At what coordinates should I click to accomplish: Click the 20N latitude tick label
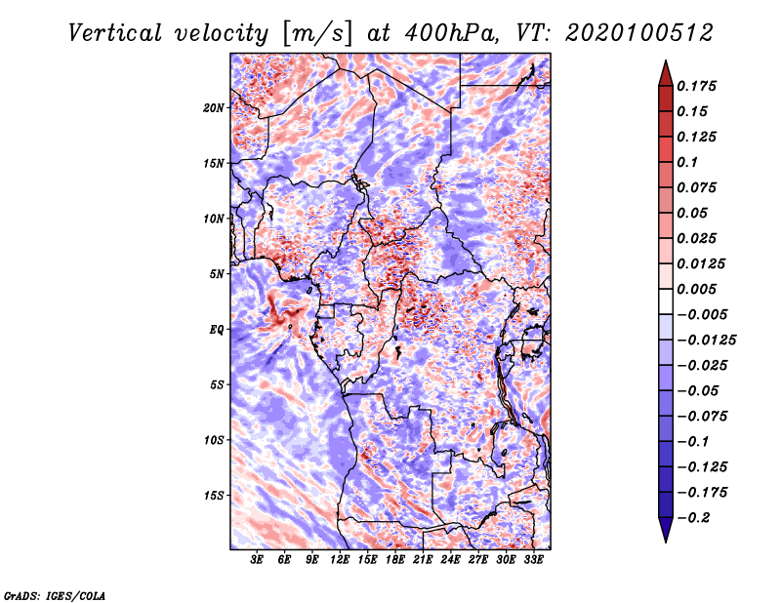[x=213, y=108]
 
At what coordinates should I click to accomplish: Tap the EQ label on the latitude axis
[x=216, y=330]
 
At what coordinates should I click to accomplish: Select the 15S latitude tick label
[x=214, y=496]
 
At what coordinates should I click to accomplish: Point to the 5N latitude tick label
[x=217, y=274]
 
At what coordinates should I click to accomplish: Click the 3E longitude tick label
[x=257, y=560]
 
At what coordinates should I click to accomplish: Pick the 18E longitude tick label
[x=395, y=560]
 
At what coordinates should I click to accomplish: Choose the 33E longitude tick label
[x=533, y=560]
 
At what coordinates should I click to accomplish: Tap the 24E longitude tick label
[x=450, y=560]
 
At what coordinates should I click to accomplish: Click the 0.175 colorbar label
[x=696, y=86]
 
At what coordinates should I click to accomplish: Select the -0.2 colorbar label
[x=693, y=518]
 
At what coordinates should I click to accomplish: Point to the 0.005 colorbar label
[x=696, y=289]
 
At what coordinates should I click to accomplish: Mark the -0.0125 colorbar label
[x=706, y=341]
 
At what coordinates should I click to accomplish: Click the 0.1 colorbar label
[x=687, y=162]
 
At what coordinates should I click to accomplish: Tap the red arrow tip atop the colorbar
[x=666, y=61]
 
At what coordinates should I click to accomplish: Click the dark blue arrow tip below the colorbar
[x=666, y=541]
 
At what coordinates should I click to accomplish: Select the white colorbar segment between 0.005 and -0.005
[x=666, y=301]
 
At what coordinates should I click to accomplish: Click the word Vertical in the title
[x=115, y=33]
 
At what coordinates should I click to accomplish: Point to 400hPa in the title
[x=451, y=33]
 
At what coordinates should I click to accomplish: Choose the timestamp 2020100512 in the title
[x=639, y=33]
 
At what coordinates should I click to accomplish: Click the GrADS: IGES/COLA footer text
[x=55, y=595]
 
